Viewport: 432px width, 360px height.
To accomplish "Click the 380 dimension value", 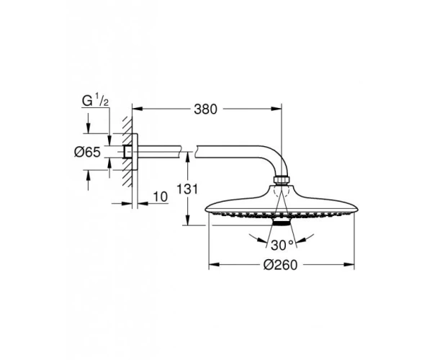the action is coord(205,109).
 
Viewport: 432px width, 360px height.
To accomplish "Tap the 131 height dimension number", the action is coord(187,189).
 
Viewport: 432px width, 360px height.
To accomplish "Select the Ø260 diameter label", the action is coord(281,265).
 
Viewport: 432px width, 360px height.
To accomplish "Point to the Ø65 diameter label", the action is coord(87,152).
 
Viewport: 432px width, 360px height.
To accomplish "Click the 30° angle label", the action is coord(282,245).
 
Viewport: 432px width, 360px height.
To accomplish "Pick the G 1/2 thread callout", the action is coord(95,101).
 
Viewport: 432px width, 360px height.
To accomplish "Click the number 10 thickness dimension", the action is coord(161,197).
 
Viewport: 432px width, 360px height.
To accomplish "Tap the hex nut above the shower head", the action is coord(282,180).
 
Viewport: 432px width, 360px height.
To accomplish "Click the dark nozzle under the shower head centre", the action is coord(281,222).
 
